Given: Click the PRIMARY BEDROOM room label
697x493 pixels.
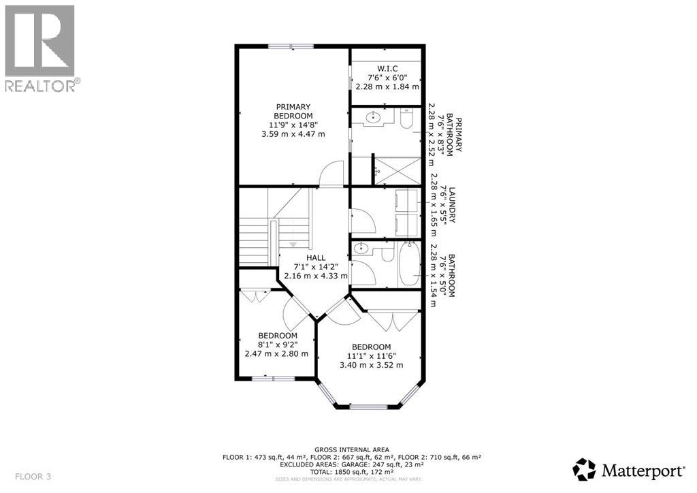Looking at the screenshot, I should tap(293, 111).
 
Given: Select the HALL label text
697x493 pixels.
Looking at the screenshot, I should tap(316, 257).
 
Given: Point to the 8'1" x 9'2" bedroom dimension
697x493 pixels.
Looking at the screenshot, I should tap(277, 345).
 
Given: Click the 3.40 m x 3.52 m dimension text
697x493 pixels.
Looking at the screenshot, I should tap(371, 366).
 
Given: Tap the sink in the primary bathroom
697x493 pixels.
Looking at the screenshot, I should tap(372, 118).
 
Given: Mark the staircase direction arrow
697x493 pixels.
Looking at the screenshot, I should tap(293, 244).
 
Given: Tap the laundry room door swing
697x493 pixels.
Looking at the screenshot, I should tap(361, 218).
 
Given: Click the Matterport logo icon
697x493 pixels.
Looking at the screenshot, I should tap(584, 469).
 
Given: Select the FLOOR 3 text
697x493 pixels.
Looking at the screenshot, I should tap(33, 476).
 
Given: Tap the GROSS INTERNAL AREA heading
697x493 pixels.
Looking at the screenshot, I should tap(352, 449).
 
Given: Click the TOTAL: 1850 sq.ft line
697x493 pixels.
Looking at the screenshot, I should tap(352, 471).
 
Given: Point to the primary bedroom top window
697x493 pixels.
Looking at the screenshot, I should tap(291, 46).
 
